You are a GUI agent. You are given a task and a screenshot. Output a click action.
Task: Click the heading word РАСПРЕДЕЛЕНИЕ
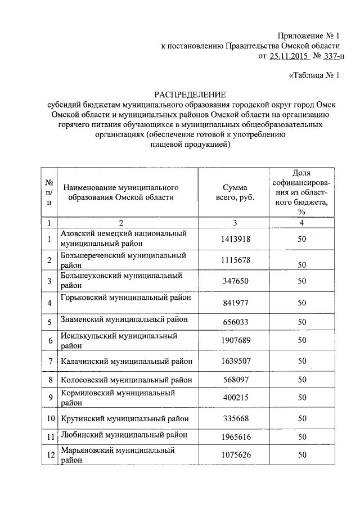191,94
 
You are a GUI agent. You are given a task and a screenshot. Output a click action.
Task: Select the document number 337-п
332,56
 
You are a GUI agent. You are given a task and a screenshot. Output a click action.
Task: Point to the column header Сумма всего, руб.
235,192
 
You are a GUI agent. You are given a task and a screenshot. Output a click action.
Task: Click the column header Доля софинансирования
302,192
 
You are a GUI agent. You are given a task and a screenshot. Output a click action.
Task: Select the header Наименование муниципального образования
121,192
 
